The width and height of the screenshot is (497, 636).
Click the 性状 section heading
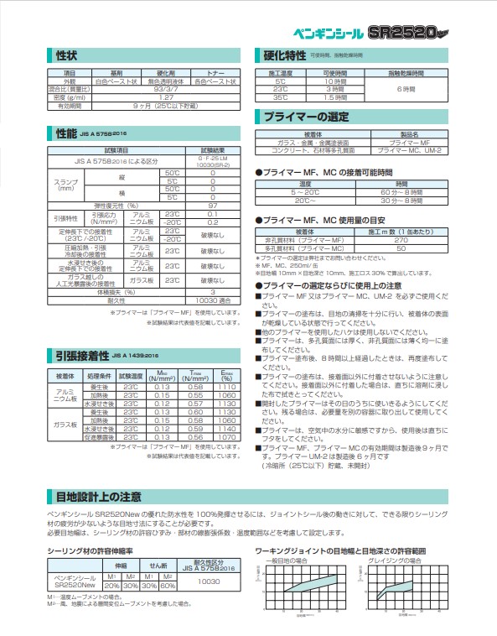tap(67, 56)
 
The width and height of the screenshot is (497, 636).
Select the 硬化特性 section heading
tap(286, 56)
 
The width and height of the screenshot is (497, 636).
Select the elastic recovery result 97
tap(213, 205)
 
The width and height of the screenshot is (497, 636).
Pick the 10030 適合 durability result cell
tap(213, 300)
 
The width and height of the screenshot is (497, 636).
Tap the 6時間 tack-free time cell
tap(406, 89)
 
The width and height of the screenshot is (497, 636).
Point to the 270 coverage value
tap(401, 240)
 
